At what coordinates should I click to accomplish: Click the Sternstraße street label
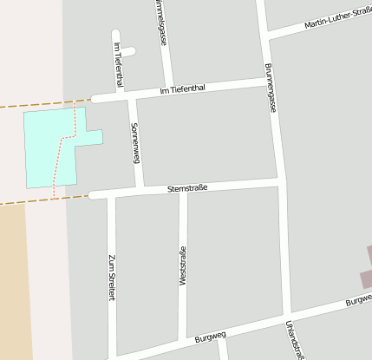(x=186, y=188)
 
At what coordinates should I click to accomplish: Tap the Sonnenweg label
(x=134, y=143)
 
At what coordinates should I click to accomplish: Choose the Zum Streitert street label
(x=111, y=278)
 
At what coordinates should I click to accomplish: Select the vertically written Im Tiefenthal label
(x=118, y=64)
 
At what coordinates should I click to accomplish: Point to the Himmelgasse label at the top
(x=161, y=22)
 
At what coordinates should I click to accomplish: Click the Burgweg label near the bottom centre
(x=211, y=335)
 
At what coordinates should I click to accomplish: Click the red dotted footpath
(x=61, y=152)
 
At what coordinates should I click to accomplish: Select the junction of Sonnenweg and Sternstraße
(x=139, y=190)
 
